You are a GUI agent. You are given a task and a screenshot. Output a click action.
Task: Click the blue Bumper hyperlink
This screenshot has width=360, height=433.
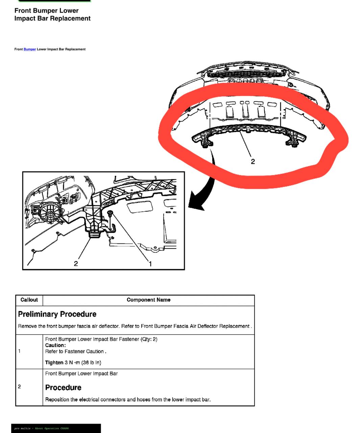click(x=30, y=49)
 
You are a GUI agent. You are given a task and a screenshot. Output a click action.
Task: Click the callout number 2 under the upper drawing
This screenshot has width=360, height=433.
click(x=253, y=162)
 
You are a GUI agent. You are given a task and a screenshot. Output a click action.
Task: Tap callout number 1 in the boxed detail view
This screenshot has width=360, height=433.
click(x=150, y=264)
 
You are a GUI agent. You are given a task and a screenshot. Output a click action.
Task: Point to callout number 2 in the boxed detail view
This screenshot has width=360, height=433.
click(x=76, y=264)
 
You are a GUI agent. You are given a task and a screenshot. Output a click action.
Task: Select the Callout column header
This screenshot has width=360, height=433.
click(x=29, y=300)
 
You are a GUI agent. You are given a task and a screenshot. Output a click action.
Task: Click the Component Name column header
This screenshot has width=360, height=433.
click(x=148, y=300)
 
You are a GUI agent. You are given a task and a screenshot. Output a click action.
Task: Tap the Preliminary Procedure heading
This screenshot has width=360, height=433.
click(x=57, y=314)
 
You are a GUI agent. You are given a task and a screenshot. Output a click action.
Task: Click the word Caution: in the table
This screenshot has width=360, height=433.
click(x=55, y=345)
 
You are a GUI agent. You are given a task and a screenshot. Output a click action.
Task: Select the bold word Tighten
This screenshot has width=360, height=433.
click(x=54, y=363)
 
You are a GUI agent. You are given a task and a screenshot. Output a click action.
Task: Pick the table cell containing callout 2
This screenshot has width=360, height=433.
click(x=29, y=387)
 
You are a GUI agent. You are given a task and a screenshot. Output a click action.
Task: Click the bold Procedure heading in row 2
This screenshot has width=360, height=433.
click(x=63, y=387)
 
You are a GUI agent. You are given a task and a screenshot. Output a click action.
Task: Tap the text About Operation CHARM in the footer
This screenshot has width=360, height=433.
click(x=52, y=428)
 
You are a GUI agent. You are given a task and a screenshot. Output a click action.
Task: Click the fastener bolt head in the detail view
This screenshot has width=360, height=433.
click(x=110, y=212)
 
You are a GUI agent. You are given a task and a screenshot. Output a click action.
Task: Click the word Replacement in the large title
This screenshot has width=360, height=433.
click(x=70, y=18)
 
